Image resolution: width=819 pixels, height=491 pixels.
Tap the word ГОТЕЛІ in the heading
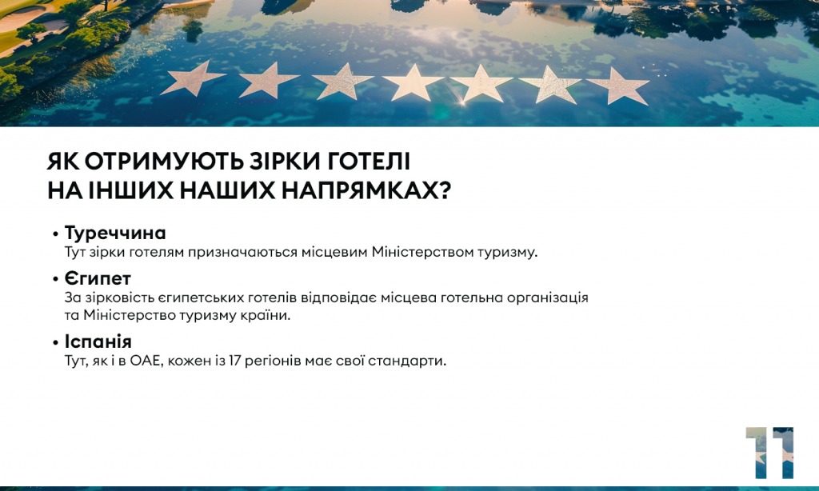click(369, 162)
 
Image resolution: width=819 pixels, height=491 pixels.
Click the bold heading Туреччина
click(115, 233)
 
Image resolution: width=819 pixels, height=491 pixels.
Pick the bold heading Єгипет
click(98, 278)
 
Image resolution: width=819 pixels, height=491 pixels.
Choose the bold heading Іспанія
click(98, 341)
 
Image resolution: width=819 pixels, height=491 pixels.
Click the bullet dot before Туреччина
click(55, 234)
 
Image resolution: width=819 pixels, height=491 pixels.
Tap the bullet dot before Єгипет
click(55, 279)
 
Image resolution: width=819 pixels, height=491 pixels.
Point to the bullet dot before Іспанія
click(55, 342)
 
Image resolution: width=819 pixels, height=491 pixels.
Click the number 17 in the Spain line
click(234, 361)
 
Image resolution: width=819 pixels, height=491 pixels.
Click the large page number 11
click(769, 453)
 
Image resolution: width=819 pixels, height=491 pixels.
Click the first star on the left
click(194, 78)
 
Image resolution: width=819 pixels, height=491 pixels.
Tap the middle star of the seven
click(413, 82)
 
